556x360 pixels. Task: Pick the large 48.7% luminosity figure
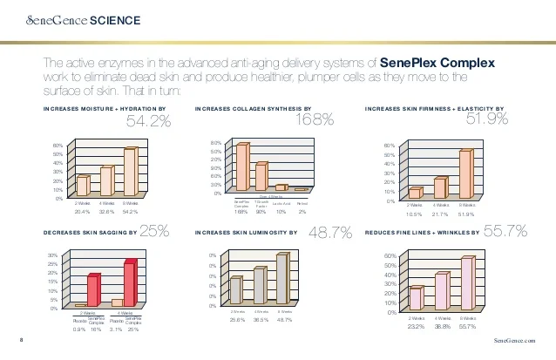331,232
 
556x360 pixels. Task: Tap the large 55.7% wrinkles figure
505,232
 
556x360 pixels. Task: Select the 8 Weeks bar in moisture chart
129,173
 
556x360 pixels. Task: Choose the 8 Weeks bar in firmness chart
465,173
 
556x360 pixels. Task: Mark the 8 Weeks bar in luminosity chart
281,279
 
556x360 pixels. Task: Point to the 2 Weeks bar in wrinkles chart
416,297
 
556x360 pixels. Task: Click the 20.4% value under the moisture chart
83,212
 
